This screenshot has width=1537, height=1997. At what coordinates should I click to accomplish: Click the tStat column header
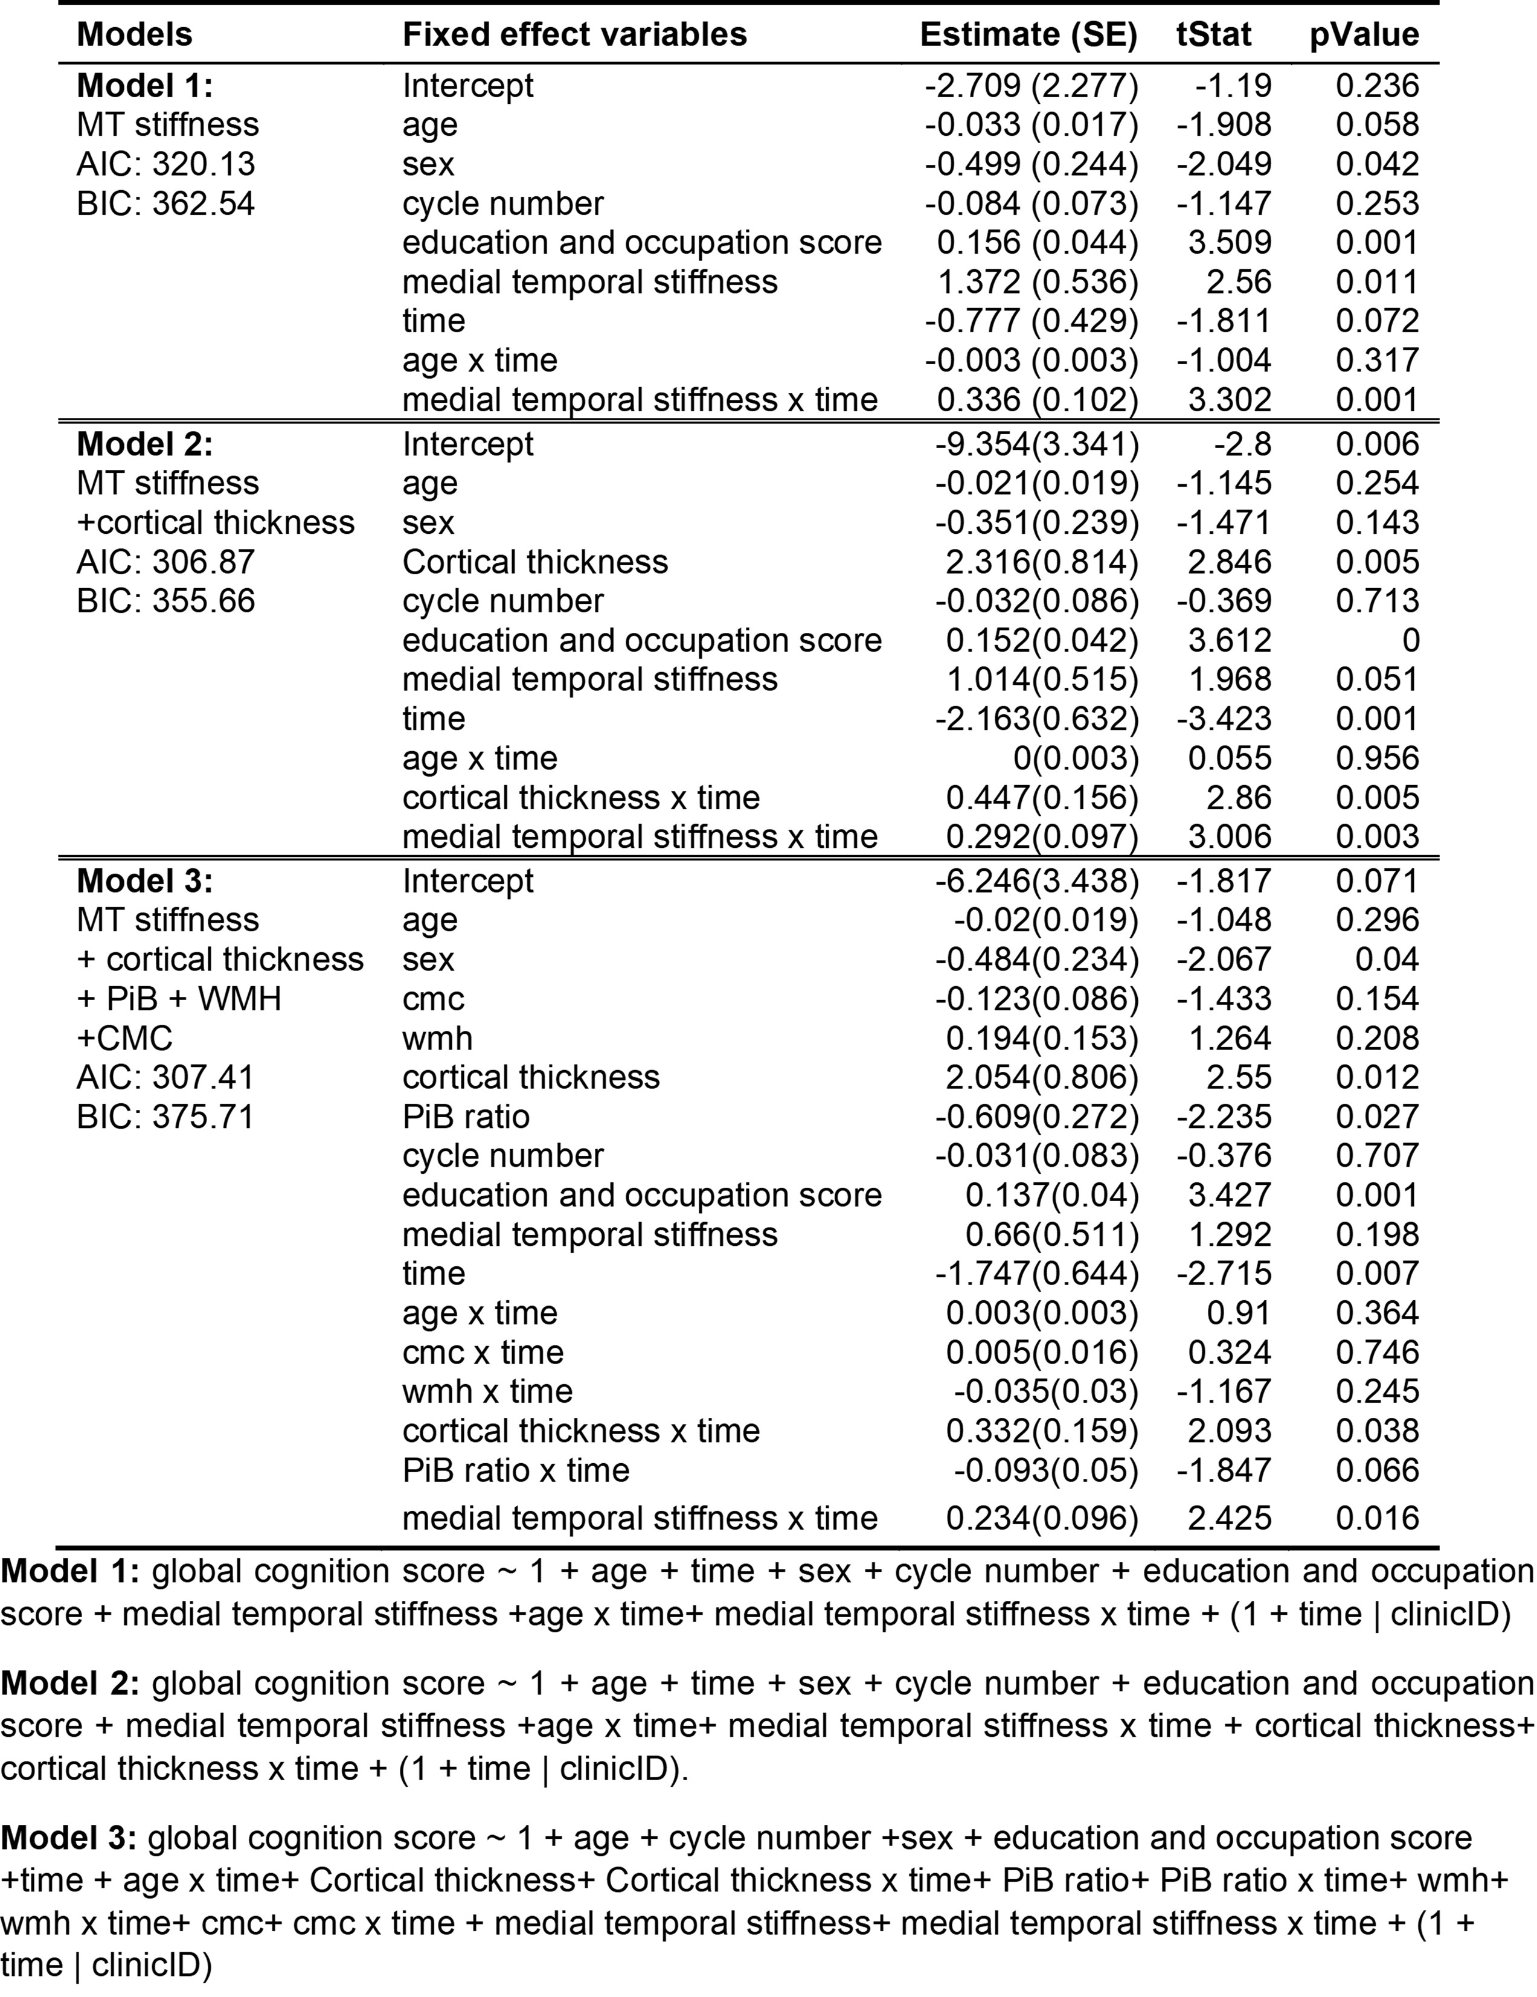(x=1213, y=35)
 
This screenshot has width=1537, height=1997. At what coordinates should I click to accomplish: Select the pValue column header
(x=1364, y=35)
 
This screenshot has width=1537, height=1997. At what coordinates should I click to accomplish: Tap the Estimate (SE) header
(x=1028, y=35)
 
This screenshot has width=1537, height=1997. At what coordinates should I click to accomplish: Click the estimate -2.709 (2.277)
(x=1032, y=86)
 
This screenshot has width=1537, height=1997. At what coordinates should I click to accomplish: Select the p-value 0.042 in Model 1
(x=1377, y=164)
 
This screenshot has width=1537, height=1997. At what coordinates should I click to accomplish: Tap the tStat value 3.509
(x=1229, y=242)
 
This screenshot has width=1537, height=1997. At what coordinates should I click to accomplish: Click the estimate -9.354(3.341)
(x=1037, y=444)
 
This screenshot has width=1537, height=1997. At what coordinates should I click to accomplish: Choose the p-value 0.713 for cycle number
(x=1377, y=601)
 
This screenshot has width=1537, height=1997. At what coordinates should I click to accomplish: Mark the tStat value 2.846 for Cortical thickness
(x=1229, y=562)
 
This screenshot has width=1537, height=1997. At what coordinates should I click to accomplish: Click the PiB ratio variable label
(x=466, y=1117)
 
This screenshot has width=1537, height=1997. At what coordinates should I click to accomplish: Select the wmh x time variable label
(x=487, y=1392)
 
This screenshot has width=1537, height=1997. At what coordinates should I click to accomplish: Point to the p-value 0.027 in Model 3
(x=1377, y=1117)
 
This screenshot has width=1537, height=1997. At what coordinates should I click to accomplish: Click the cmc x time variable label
(x=483, y=1352)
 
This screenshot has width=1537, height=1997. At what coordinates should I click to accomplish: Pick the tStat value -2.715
(x=1224, y=1274)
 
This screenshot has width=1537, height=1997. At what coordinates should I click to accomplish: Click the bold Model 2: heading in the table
(x=144, y=444)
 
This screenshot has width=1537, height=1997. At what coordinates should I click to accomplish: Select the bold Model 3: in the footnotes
(x=68, y=1838)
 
